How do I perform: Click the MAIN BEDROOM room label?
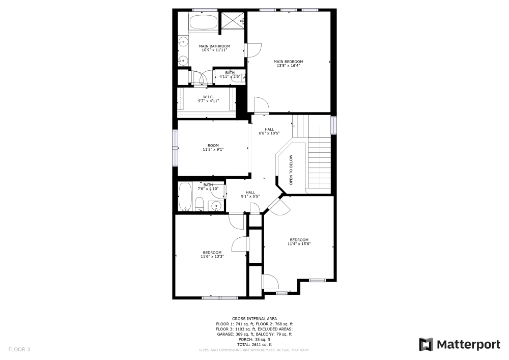pyautogui.click(x=289, y=64)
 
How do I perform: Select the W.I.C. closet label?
pyautogui.click(x=208, y=99)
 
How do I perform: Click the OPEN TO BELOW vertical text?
pyautogui.click(x=292, y=170)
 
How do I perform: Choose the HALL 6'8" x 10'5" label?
pyautogui.click(x=269, y=131)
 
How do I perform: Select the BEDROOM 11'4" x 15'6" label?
pyautogui.click(x=299, y=242)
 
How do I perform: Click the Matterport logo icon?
pyautogui.click(x=426, y=345)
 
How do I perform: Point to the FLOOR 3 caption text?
pyautogui.click(x=19, y=349)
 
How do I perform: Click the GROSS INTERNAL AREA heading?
pyautogui.click(x=254, y=318)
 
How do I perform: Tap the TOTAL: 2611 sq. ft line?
pyautogui.click(x=254, y=345)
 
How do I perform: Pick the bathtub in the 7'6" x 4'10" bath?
pyautogui.click(x=184, y=197)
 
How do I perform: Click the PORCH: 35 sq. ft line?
pyautogui.click(x=254, y=339)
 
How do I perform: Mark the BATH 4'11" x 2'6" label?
pyautogui.click(x=230, y=74)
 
